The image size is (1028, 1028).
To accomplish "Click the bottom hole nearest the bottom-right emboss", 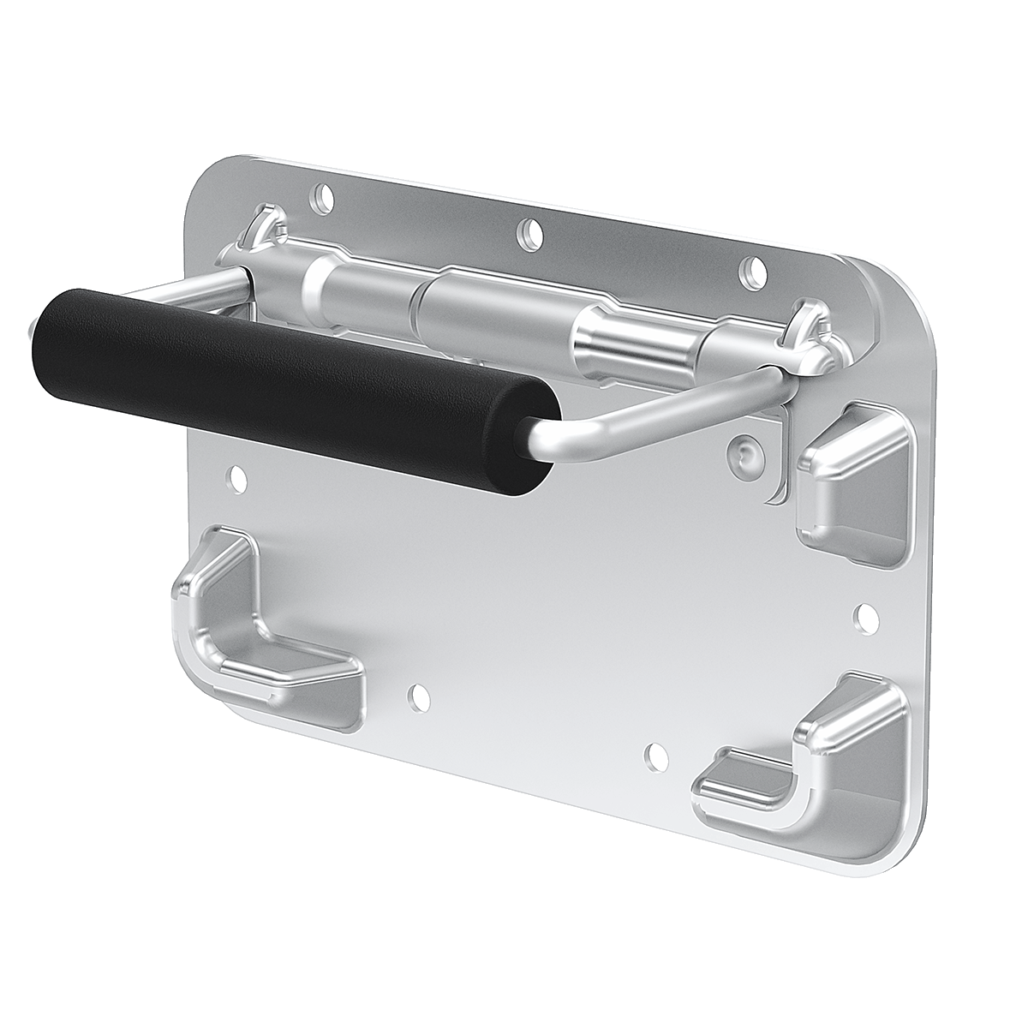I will click(655, 755).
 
